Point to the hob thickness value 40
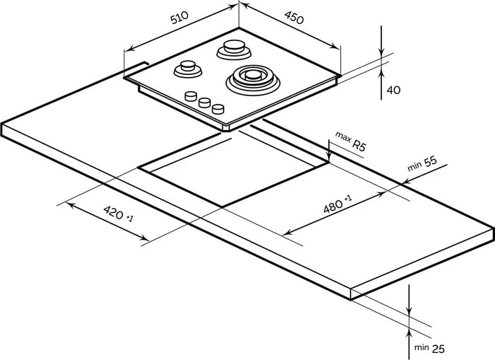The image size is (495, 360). (x=393, y=90)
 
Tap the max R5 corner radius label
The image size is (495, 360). (x=351, y=141)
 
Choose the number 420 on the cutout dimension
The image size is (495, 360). (x=113, y=211)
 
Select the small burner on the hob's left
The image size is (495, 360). (x=187, y=69)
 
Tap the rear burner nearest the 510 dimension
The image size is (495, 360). (x=233, y=49)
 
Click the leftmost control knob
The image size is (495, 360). (x=191, y=97)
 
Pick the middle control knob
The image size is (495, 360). (x=205, y=103)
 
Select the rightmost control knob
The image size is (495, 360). (x=219, y=109)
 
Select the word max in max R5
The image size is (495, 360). (x=343, y=136)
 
